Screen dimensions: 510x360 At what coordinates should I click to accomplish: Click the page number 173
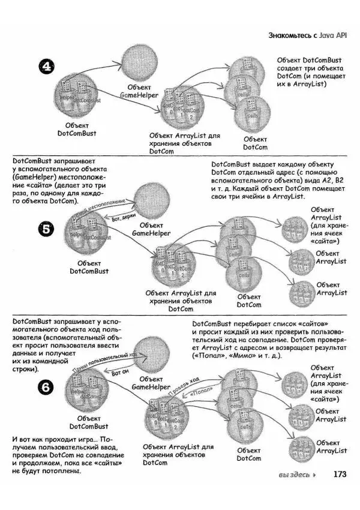(340, 474)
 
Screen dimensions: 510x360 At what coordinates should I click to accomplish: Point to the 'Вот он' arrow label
(121, 372)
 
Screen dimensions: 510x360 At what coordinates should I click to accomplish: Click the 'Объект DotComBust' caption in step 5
(89, 267)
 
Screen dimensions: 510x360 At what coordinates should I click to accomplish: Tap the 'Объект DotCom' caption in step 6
(248, 454)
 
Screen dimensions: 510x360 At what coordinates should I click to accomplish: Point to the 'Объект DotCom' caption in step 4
(255, 143)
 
